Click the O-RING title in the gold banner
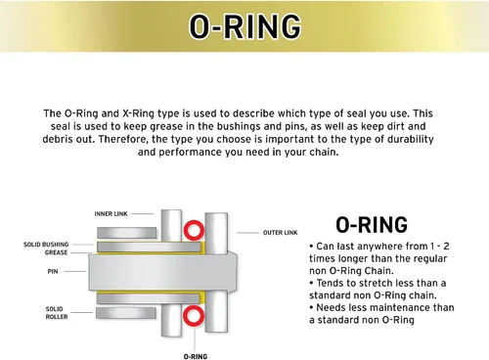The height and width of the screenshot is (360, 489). (x=245, y=26)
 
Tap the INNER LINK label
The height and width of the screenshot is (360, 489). (x=111, y=214)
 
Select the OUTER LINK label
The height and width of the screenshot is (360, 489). (x=281, y=233)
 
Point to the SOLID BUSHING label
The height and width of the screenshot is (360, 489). (x=46, y=245)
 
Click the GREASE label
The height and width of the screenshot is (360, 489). (x=56, y=252)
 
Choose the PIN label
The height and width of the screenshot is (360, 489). (x=53, y=271)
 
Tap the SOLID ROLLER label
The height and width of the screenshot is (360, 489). (x=57, y=313)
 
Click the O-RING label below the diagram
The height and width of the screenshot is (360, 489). (x=196, y=356)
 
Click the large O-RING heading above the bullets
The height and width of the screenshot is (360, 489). (x=372, y=225)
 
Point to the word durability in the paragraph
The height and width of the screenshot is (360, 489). (x=411, y=139)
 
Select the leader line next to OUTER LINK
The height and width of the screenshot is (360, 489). (x=247, y=233)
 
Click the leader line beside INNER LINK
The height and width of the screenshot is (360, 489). (x=143, y=214)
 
